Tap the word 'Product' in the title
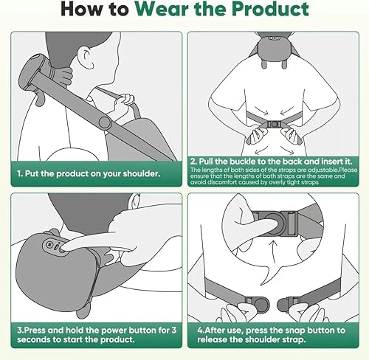(x=266, y=11)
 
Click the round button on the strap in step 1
(x=106, y=120)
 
